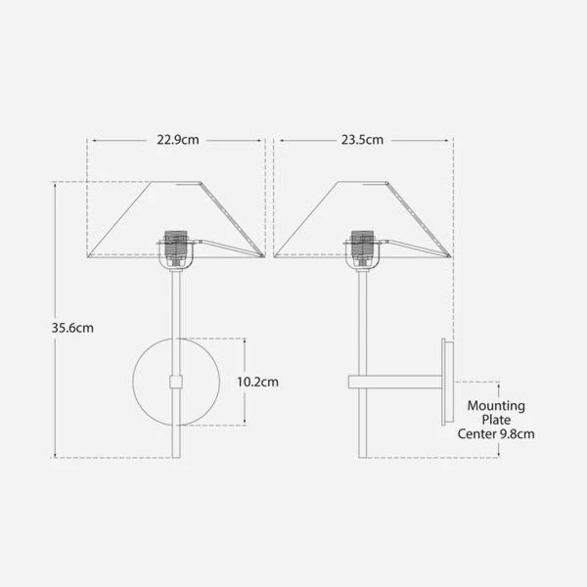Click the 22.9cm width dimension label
178,140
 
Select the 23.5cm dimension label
362,140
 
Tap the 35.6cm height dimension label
72,328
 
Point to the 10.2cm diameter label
257,382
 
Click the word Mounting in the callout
496,406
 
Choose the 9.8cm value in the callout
517,433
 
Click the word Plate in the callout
496,420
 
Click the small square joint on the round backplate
175,382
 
